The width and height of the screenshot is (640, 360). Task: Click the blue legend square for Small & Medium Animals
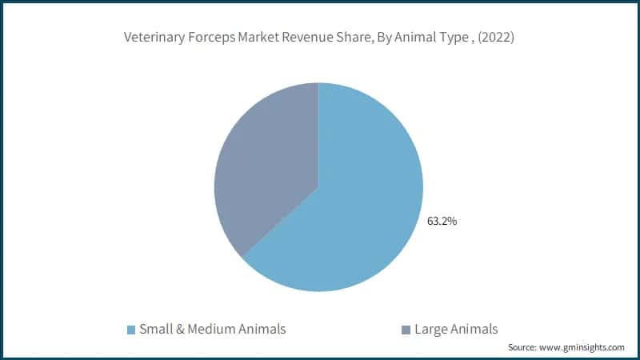131,330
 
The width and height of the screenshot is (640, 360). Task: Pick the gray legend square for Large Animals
406,330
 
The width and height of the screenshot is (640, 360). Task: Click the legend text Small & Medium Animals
212,329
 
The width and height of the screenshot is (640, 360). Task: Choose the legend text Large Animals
456,329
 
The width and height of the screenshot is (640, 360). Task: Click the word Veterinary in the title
153,37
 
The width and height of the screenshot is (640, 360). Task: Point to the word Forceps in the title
210,37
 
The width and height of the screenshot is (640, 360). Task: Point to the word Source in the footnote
523,347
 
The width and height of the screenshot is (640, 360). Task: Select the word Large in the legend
430,329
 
